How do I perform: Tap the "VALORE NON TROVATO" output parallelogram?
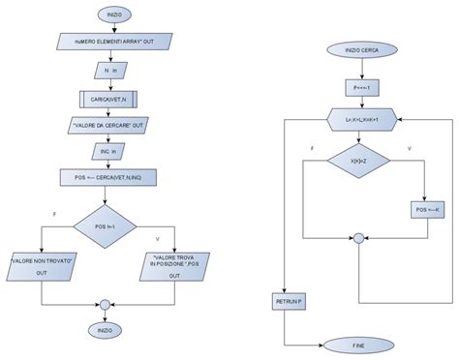pos(42,266)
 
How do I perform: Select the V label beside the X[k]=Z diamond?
pos(411,148)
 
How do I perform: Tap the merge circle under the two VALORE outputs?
pos(104,306)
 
